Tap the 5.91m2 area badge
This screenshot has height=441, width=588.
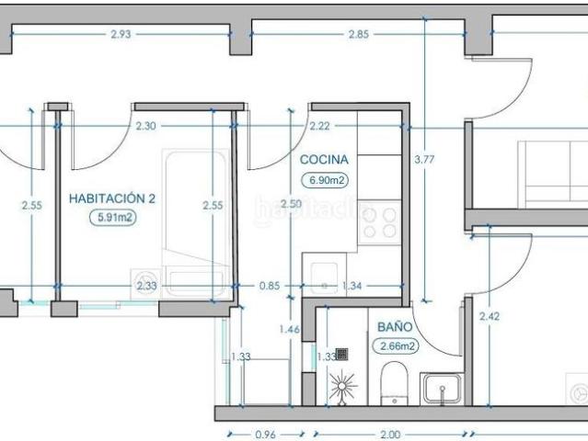tap(112, 218)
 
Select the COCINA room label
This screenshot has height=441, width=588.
tap(324, 159)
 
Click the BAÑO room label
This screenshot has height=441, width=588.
tap(394, 326)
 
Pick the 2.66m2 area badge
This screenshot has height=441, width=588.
tap(394, 346)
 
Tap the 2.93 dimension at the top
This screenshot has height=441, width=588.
tap(121, 35)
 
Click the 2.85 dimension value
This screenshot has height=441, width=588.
tap(359, 35)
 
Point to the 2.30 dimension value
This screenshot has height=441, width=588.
tap(145, 126)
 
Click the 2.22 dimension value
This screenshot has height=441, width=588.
tap(320, 126)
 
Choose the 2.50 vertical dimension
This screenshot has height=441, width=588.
tap(291, 204)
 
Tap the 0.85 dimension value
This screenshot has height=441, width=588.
tap(269, 287)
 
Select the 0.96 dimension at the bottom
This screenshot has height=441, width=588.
tap(265, 432)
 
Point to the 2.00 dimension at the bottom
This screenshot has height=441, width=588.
tap(390, 432)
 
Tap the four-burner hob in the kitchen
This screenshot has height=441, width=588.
tap(379, 221)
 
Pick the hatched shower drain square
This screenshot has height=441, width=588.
tap(342, 352)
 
